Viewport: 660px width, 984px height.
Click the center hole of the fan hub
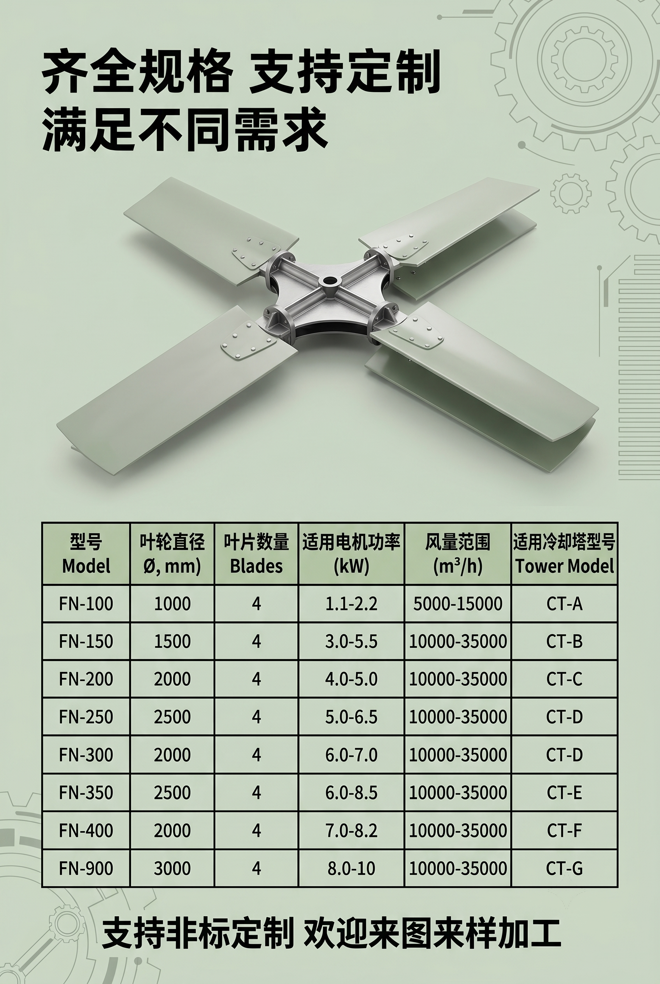(x=328, y=280)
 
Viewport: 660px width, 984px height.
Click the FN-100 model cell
(x=86, y=603)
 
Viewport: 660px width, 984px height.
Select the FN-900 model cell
(x=86, y=868)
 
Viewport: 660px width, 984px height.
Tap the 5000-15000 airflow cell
(x=458, y=603)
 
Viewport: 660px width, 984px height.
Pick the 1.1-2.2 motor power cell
(x=351, y=603)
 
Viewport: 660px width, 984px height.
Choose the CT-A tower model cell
(x=564, y=603)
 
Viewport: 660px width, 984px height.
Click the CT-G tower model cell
(x=564, y=868)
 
